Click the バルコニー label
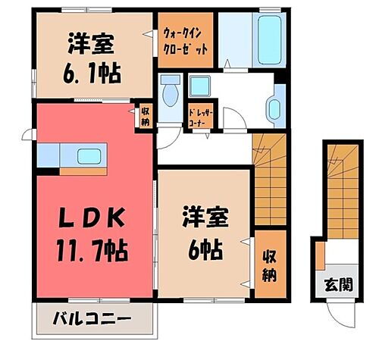click(x=92, y=317)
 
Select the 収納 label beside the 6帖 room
click(x=268, y=265)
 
